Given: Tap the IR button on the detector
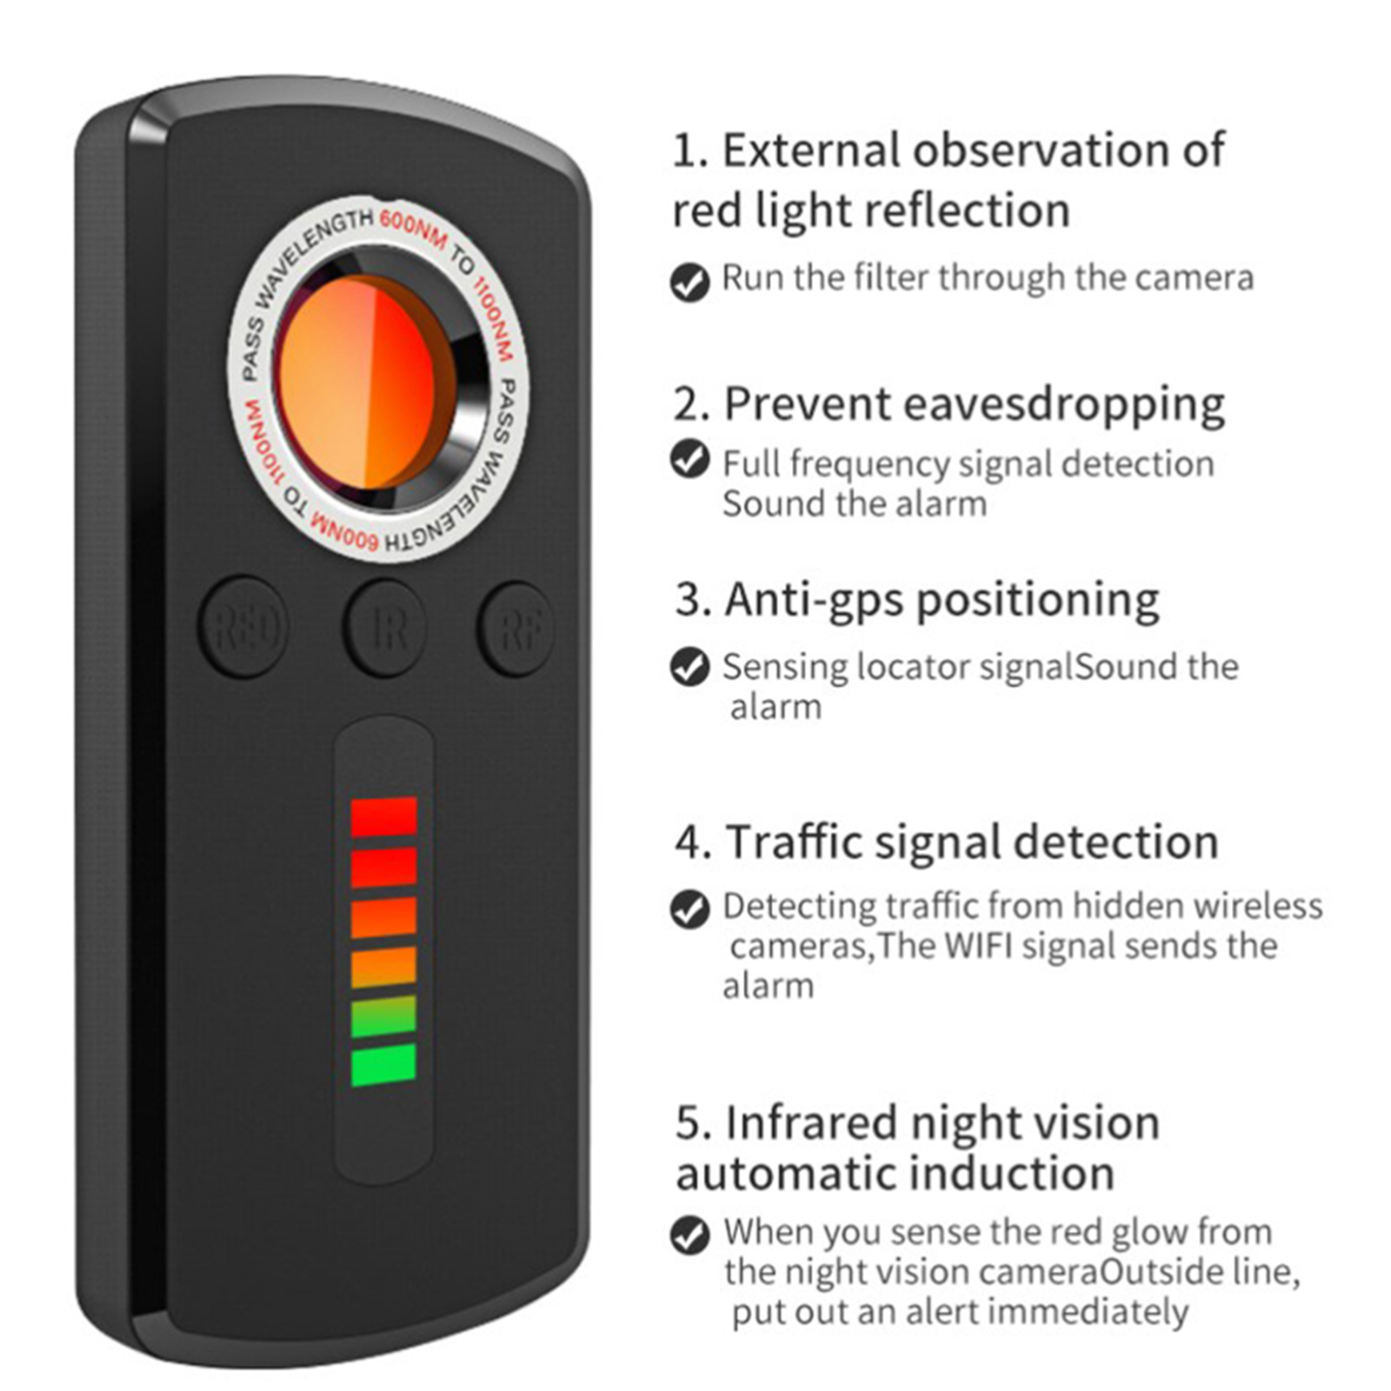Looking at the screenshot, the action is point(385,628).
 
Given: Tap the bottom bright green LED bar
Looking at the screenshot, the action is point(383,1065).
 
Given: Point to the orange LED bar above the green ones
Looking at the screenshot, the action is point(383,967).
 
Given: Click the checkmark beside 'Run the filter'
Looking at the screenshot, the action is point(690,282).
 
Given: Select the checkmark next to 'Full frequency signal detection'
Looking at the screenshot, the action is point(690,459).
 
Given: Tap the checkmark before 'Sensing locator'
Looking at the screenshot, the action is point(690,667).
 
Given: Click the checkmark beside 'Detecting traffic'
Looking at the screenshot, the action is point(690,908).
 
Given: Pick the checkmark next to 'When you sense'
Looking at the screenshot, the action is point(690,1235).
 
